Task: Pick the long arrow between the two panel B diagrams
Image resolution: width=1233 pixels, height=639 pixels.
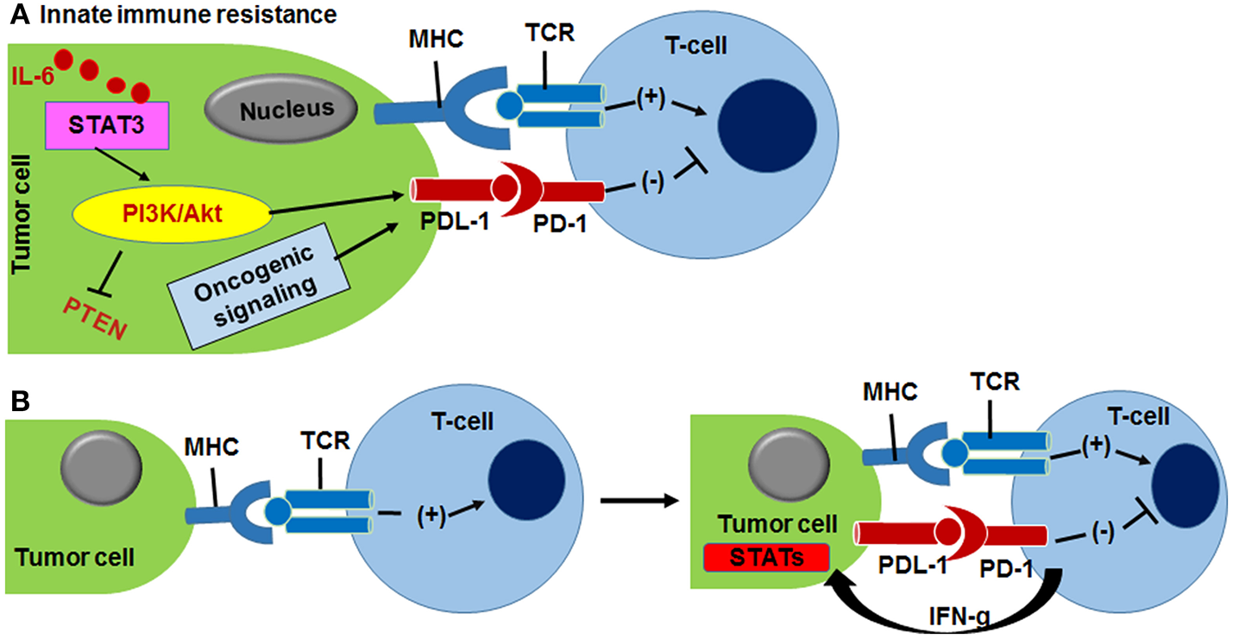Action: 634,499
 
